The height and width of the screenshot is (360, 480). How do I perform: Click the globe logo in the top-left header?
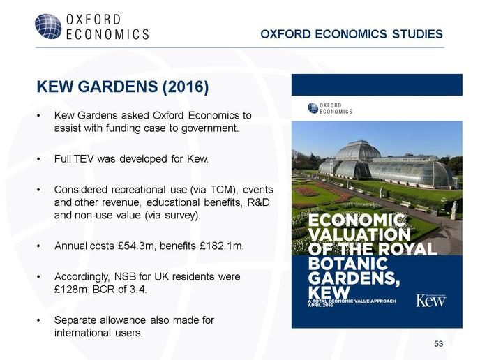pos(48,27)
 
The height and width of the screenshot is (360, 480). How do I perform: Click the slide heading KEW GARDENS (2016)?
pos(123,87)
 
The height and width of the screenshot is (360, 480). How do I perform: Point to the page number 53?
pos(438,344)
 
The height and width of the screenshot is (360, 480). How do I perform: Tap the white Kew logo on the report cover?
pos(430,300)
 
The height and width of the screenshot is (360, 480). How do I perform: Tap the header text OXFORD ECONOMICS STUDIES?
pos(352,34)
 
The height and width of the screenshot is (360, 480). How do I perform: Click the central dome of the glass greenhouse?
pos(358,151)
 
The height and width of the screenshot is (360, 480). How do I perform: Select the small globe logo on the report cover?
pos(313,108)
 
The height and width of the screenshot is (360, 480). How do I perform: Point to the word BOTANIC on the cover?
pos(348,264)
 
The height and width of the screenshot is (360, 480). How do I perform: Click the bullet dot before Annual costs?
pos(38,246)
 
